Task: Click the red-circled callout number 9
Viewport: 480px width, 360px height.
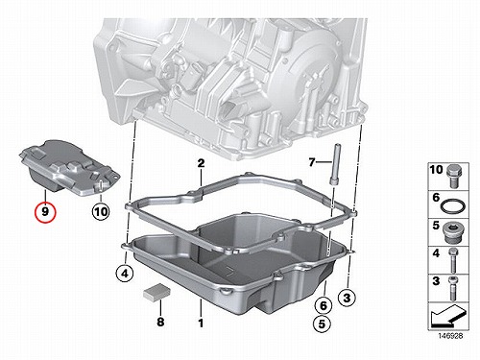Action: pyautogui.click(x=45, y=212)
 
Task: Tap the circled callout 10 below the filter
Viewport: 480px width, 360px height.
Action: pyautogui.click(x=101, y=211)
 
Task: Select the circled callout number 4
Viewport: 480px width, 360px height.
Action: pyautogui.click(x=125, y=274)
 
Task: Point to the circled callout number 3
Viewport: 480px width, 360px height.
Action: pyautogui.click(x=347, y=299)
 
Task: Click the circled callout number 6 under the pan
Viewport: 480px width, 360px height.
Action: pyautogui.click(x=324, y=305)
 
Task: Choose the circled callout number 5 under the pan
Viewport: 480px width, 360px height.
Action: pyautogui.click(x=322, y=324)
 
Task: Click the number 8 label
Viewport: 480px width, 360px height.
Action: pyautogui.click(x=160, y=322)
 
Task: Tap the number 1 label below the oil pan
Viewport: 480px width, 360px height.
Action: pyautogui.click(x=201, y=323)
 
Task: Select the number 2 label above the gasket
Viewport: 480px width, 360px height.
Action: pyautogui.click(x=201, y=163)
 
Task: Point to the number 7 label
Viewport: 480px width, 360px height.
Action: pyautogui.click(x=312, y=162)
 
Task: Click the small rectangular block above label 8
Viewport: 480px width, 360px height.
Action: pyautogui.click(x=156, y=292)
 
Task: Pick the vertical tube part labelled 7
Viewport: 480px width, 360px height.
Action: pyautogui.click(x=334, y=164)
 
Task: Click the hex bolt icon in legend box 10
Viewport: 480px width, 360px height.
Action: pyautogui.click(x=454, y=177)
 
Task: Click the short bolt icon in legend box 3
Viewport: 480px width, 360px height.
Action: pyautogui.click(x=452, y=289)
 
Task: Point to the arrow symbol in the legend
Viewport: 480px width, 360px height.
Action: pyautogui.click(x=448, y=317)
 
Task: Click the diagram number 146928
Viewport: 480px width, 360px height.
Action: pyautogui.click(x=450, y=336)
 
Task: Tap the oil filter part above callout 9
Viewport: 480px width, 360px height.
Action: pyautogui.click(x=69, y=167)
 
